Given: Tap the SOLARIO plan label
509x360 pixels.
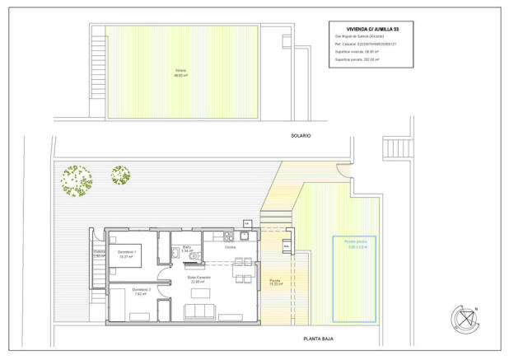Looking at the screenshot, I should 300,135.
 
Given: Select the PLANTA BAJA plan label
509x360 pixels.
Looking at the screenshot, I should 317,339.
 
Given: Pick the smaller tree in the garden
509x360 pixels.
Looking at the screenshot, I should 121,175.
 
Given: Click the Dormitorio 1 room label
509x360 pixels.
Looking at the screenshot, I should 126,253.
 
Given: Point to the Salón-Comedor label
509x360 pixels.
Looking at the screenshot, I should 199,278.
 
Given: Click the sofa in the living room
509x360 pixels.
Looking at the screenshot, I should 200,311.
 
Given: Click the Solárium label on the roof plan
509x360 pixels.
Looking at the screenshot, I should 180,72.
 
